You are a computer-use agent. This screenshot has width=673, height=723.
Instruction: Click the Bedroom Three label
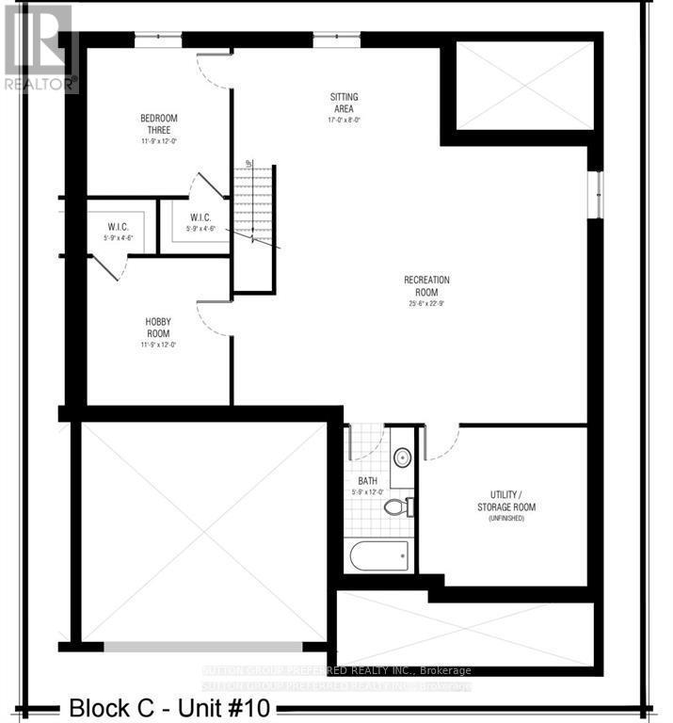(x=158, y=124)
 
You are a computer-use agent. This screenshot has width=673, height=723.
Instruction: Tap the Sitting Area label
(x=344, y=103)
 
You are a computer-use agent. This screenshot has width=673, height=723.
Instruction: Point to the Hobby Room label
(x=157, y=328)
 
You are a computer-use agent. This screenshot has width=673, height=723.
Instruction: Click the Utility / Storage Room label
(x=512, y=501)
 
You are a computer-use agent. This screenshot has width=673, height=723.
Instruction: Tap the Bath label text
(x=367, y=481)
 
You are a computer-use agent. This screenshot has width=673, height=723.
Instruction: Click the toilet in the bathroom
(x=396, y=507)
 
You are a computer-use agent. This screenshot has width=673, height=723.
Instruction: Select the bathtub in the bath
(x=379, y=555)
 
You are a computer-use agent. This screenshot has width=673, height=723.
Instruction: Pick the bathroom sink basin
(x=402, y=458)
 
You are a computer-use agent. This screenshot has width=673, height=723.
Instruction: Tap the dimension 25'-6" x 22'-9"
(x=426, y=303)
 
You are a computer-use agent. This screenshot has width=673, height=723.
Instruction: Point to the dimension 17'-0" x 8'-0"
(x=344, y=120)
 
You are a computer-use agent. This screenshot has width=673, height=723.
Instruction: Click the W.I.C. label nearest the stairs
(x=200, y=217)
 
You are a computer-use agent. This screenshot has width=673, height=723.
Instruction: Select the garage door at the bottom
(x=202, y=647)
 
